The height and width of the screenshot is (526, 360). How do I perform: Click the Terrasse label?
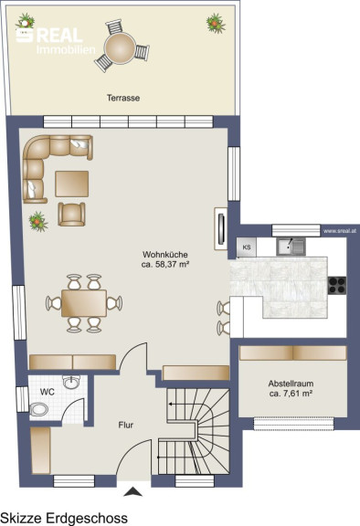pyautogui.click(x=123, y=98)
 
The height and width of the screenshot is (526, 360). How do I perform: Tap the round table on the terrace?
pyautogui.click(x=120, y=48)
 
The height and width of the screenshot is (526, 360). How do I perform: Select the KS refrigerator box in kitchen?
pyautogui.click(x=247, y=247)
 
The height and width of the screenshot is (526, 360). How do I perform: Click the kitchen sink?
pyautogui.click(x=291, y=247)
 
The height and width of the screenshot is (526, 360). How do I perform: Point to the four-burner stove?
pyautogui.click(x=337, y=286)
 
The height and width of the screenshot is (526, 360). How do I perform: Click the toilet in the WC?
pyautogui.click(x=38, y=410)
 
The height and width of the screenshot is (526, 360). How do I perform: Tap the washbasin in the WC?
pyautogui.click(x=71, y=383)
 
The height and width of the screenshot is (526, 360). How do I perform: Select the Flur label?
pyautogui.click(x=126, y=425)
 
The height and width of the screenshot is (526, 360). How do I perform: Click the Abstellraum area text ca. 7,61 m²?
pyautogui.click(x=291, y=394)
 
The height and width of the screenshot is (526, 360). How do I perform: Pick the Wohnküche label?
pyautogui.click(x=165, y=254)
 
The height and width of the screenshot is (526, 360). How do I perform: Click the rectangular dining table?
pyautogui.click(x=84, y=303)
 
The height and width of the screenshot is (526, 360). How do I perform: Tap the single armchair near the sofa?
pyautogui.click(x=71, y=214)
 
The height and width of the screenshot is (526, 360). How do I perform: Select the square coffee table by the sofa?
pyautogui.click(x=72, y=184)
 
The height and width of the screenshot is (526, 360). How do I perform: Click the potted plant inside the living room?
pyautogui.click(x=37, y=221)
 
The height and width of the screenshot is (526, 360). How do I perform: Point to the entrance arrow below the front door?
pyautogui.click(x=133, y=491)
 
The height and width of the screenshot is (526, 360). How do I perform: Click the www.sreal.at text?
pyautogui.click(x=340, y=231)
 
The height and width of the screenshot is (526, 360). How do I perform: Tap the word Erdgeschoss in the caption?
pyautogui.click(x=87, y=518)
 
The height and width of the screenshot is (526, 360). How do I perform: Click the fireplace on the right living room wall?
pyautogui.click(x=221, y=229)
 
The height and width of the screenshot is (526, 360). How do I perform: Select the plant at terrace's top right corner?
pyautogui.click(x=216, y=23)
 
